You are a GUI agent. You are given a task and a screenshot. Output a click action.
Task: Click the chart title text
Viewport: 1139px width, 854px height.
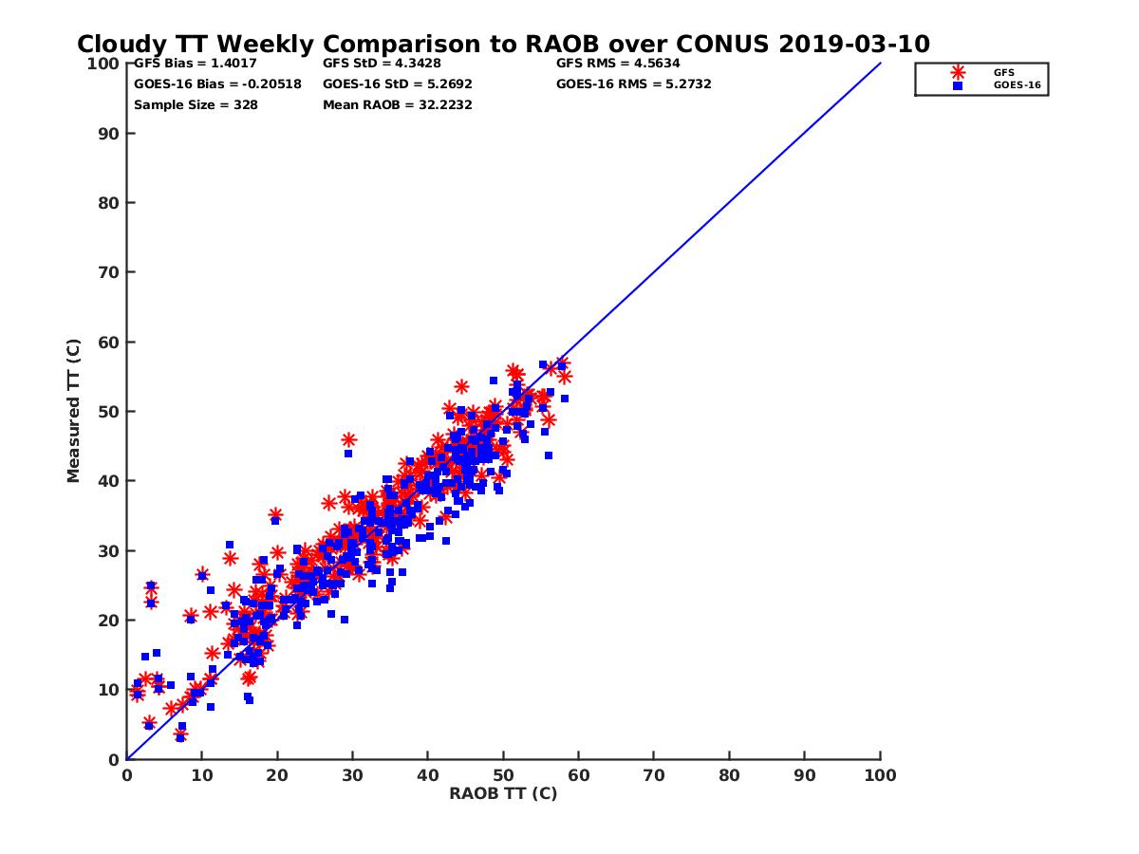(503, 44)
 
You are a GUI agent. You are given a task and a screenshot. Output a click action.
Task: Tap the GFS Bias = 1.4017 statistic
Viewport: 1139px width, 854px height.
(196, 64)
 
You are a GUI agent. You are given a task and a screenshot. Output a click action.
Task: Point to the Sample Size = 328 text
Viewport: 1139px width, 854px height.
(196, 104)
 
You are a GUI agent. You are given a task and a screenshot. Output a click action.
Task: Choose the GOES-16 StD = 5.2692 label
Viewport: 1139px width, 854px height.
(398, 84)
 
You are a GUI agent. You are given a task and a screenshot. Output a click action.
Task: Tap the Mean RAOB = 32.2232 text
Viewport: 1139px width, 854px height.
(398, 104)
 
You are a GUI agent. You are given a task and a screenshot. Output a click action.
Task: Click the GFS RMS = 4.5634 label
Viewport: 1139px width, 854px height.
(618, 64)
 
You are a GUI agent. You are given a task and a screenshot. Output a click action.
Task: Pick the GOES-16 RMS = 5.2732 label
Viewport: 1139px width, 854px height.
(634, 84)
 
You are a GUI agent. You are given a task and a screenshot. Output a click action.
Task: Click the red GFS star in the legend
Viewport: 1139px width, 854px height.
(958, 72)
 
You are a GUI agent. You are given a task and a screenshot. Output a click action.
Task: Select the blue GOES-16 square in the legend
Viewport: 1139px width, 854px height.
(958, 85)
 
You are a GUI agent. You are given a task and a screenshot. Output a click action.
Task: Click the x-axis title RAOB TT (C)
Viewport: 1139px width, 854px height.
(503, 793)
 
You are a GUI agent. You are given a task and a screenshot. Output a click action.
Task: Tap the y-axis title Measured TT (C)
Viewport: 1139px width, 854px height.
(74, 413)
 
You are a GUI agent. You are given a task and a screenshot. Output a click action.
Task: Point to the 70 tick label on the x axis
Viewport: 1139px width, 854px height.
(654, 774)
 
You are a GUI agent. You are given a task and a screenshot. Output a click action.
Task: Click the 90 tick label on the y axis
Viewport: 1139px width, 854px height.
(109, 134)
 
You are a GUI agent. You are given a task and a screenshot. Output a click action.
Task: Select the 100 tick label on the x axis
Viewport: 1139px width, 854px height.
(880, 774)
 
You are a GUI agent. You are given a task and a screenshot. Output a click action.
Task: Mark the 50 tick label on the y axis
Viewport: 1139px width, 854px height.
(109, 412)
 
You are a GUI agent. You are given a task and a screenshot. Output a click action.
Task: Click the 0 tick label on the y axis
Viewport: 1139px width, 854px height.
(114, 759)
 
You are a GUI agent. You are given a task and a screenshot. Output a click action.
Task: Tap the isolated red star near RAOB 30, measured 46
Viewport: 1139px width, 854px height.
(348, 439)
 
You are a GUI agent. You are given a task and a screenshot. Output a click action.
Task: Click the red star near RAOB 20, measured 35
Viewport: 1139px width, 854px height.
(275, 515)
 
